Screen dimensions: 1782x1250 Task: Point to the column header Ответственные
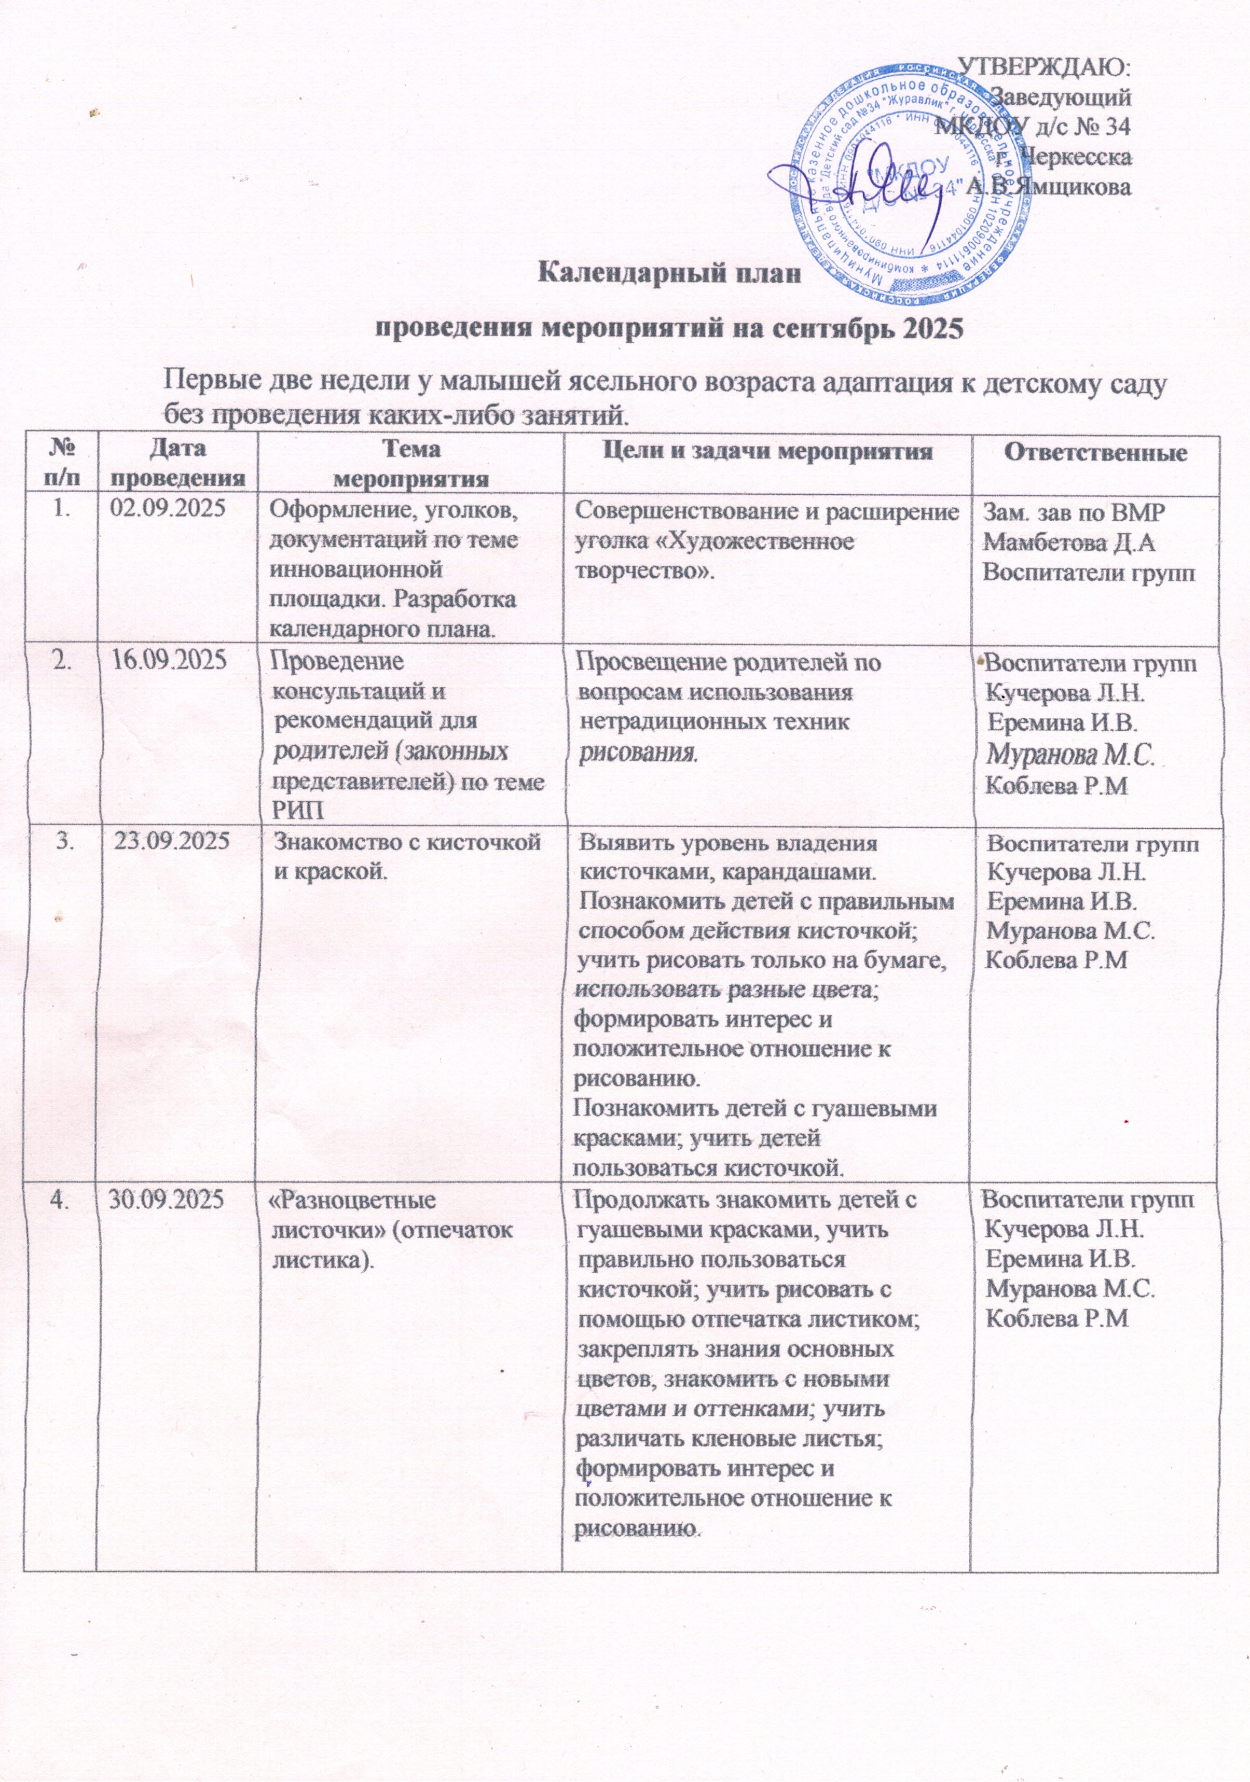[x=1096, y=453]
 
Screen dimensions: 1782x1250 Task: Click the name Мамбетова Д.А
[x=1068, y=542]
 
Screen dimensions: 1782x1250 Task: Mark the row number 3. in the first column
[x=61, y=841]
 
